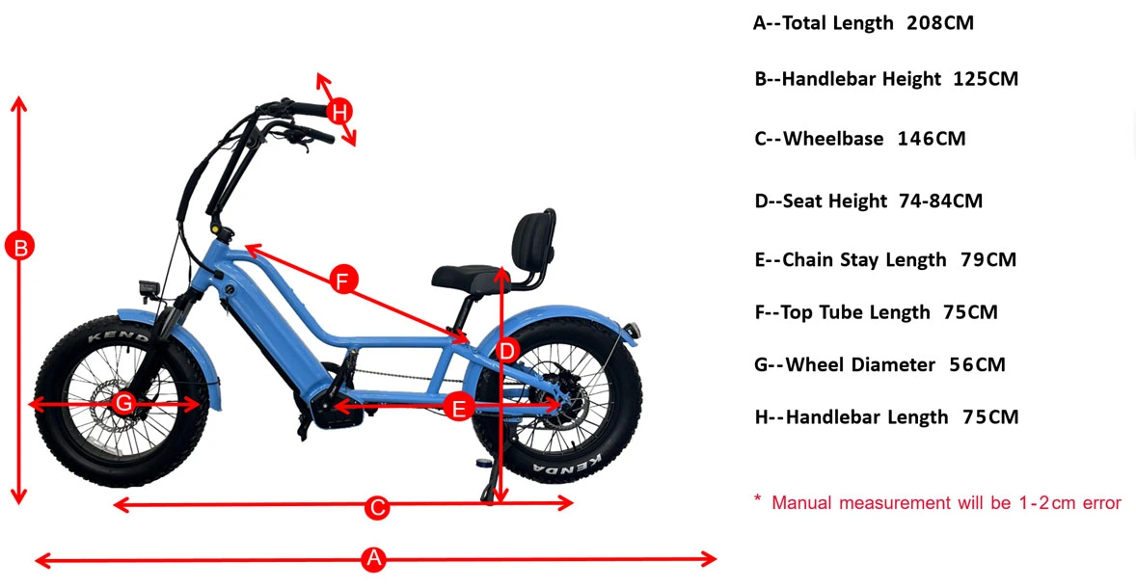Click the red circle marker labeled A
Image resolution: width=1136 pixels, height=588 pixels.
pos(374,559)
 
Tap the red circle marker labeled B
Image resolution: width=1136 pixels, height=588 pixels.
pos(18,247)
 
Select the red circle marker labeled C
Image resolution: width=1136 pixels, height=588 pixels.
pos(377,507)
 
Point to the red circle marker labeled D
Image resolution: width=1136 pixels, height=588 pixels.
pos(508,350)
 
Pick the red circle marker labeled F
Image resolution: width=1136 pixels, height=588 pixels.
pos(342,281)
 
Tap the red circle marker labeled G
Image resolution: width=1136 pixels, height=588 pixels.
pos(123,403)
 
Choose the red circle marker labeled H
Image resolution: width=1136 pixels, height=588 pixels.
pos(338,112)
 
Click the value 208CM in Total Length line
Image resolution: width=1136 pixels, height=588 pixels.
pos(939,23)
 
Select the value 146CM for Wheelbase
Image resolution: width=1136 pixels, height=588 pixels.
pos(931,139)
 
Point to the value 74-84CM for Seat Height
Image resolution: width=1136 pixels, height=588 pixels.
pos(938,201)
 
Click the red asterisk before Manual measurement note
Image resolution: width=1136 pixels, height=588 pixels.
pos(758,500)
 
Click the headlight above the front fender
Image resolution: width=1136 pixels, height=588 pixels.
pos(150,287)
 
